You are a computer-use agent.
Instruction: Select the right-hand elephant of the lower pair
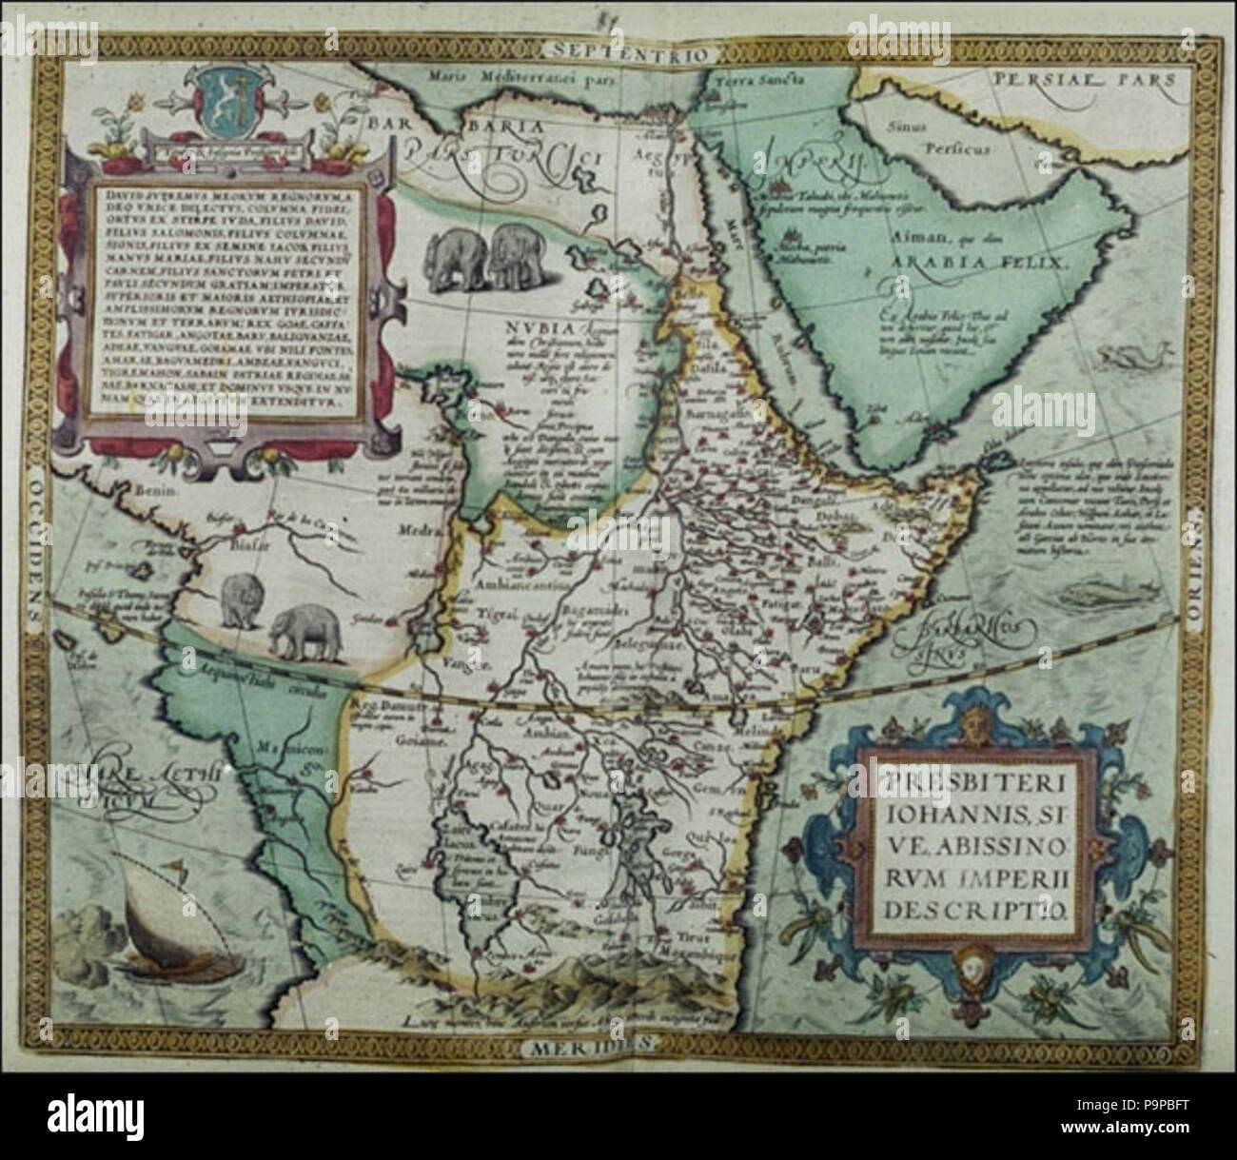tap(303, 631)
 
